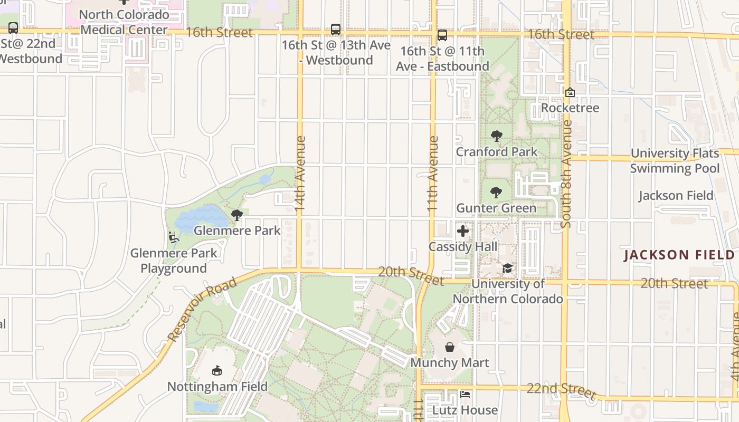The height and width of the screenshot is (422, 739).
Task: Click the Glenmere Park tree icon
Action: click(x=237, y=215)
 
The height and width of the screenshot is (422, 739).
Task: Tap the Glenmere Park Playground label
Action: click(x=174, y=261)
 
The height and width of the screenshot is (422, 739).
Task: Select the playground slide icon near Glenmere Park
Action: click(x=173, y=237)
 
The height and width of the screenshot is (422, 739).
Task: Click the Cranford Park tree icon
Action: click(x=496, y=136)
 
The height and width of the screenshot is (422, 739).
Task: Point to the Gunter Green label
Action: click(x=496, y=208)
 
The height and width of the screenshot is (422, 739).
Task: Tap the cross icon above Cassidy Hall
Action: click(x=463, y=231)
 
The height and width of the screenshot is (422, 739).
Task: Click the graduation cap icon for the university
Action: click(x=507, y=268)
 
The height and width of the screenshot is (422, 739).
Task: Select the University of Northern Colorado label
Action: click(x=508, y=291)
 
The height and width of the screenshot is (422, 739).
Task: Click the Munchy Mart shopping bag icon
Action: click(x=450, y=347)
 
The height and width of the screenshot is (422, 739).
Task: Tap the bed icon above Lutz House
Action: click(x=465, y=395)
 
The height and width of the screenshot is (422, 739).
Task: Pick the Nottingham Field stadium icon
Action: click(x=216, y=371)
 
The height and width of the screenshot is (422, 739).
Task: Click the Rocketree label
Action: click(x=570, y=108)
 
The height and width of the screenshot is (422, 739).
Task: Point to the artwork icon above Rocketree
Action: click(x=570, y=93)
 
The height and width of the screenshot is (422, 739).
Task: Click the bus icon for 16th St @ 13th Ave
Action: click(x=336, y=30)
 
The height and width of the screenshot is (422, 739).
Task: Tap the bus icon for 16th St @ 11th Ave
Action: click(x=442, y=35)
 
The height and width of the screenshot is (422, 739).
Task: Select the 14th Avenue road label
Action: click(x=300, y=174)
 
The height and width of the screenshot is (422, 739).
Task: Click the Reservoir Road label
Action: click(x=202, y=310)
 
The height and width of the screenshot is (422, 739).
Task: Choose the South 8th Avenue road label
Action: click(x=566, y=174)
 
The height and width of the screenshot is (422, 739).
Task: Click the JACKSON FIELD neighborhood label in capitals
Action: click(x=679, y=255)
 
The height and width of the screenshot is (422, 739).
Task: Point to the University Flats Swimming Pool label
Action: click(x=675, y=161)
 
